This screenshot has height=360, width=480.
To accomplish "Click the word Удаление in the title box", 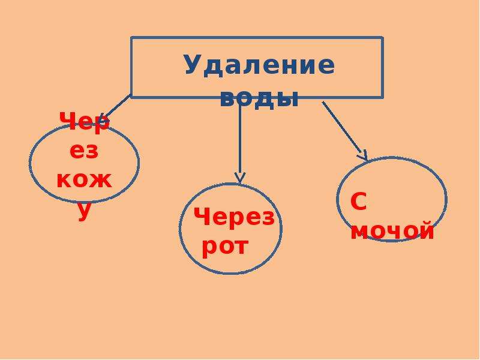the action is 260,65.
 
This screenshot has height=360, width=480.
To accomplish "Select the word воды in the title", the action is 259,98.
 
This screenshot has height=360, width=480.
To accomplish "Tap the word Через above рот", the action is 234,217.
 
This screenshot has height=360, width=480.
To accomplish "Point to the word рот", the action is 225,247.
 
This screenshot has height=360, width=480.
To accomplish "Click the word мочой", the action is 392,230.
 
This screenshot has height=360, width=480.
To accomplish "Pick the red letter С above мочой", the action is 358,202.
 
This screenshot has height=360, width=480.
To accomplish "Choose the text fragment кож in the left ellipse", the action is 84,181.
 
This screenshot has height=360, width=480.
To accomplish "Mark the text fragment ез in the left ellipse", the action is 84,151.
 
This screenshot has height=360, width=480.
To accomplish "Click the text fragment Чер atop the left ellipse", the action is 84,122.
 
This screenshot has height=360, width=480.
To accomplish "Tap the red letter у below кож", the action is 84,211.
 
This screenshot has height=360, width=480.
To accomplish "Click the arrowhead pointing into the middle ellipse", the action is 239,178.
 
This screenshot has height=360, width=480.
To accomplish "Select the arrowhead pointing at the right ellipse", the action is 364,156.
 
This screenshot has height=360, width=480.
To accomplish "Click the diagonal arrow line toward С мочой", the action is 344,131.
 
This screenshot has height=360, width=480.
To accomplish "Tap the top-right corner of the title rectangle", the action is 382,38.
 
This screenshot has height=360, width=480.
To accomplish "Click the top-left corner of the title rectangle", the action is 131,38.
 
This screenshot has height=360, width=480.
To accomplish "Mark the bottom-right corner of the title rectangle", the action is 382,97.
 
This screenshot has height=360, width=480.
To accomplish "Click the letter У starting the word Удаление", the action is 193,65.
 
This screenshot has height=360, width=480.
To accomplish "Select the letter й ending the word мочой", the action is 425,230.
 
